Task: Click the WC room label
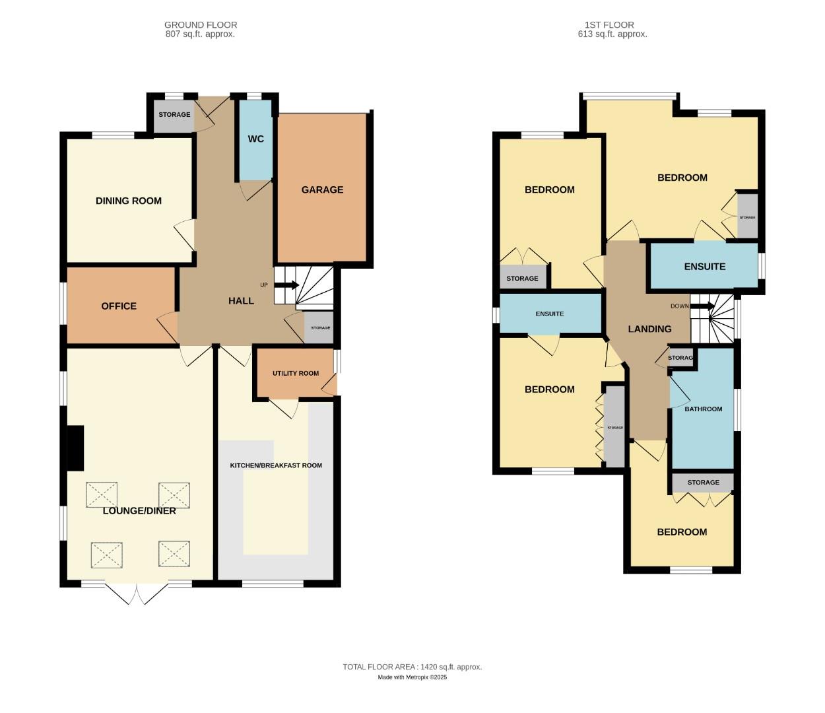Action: point(255,139)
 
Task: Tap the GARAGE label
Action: point(322,189)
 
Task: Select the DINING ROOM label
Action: point(129,201)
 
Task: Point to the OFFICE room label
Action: point(119,306)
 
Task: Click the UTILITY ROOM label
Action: point(296,374)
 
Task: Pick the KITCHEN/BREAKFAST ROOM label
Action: point(276,465)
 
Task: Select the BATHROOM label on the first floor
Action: point(703,409)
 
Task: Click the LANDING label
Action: point(649,329)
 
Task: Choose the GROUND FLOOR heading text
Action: point(201,25)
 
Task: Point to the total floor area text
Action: point(412,667)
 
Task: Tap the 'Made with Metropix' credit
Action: point(412,677)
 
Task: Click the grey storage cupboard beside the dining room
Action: point(174,115)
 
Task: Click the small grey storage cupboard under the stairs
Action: point(319,328)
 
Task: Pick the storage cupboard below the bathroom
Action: point(703,483)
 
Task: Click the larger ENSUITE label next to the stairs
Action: point(704,267)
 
